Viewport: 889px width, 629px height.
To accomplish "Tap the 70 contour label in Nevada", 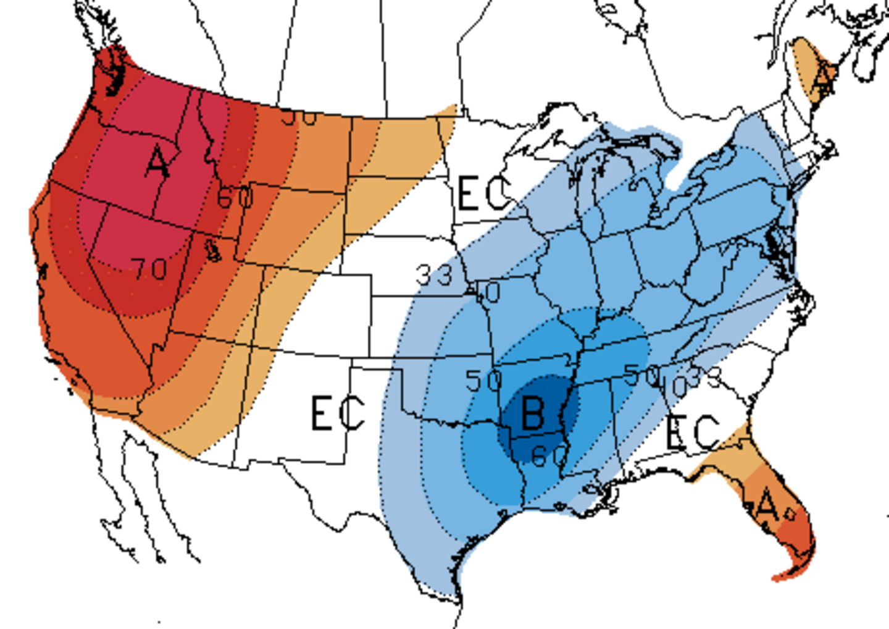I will [x=149, y=269].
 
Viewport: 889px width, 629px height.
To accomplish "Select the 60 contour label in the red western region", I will [x=235, y=197].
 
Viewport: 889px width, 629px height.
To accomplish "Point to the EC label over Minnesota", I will [x=484, y=193].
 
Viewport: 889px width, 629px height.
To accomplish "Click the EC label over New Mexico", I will [x=337, y=413].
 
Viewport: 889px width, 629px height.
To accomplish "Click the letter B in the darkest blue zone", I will [x=533, y=413].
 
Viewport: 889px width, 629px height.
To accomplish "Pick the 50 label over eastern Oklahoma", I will [x=483, y=381].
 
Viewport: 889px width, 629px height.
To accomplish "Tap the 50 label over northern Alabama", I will [x=641, y=374].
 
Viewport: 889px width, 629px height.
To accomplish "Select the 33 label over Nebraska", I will [x=434, y=275].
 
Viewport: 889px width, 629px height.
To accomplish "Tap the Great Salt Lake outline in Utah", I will [x=213, y=250].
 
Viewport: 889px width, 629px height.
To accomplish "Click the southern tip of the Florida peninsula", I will [x=779, y=578].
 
